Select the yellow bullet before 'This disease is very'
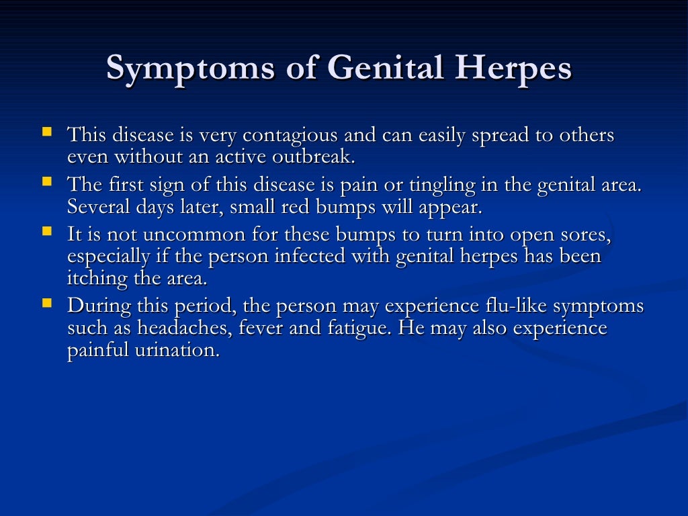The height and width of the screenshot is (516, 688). (x=47, y=132)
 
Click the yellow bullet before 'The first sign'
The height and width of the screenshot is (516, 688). (x=47, y=181)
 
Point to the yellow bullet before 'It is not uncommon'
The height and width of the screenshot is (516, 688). (x=47, y=231)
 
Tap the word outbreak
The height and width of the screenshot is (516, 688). (x=315, y=158)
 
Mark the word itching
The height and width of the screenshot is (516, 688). (x=93, y=277)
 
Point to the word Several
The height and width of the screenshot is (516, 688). (x=93, y=206)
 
